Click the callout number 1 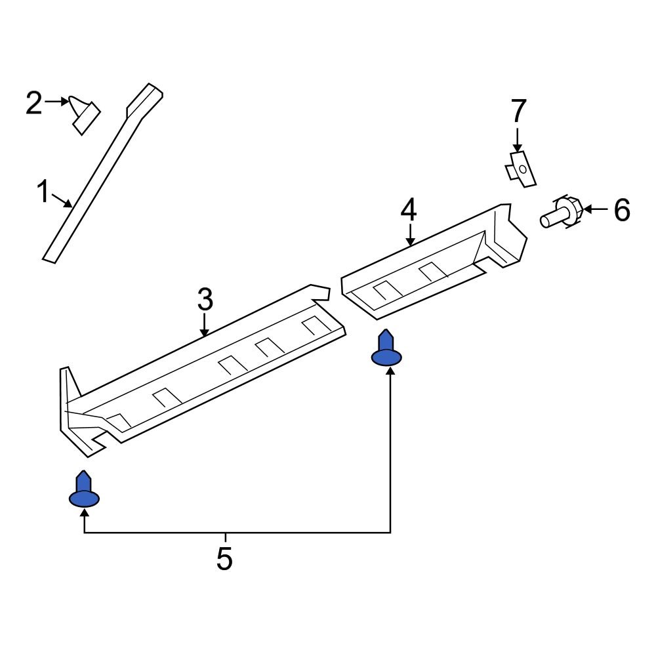(x=43, y=194)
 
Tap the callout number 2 (x=34, y=103)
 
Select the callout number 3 (x=205, y=300)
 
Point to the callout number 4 (x=409, y=211)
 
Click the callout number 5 (x=224, y=558)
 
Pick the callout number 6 (x=621, y=211)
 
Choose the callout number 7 (x=518, y=112)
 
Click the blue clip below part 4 (x=386, y=350)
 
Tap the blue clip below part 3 (x=84, y=491)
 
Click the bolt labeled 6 (x=562, y=214)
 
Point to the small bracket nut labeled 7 (x=520, y=169)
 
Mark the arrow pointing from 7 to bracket (x=518, y=140)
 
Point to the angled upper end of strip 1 (x=145, y=98)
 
